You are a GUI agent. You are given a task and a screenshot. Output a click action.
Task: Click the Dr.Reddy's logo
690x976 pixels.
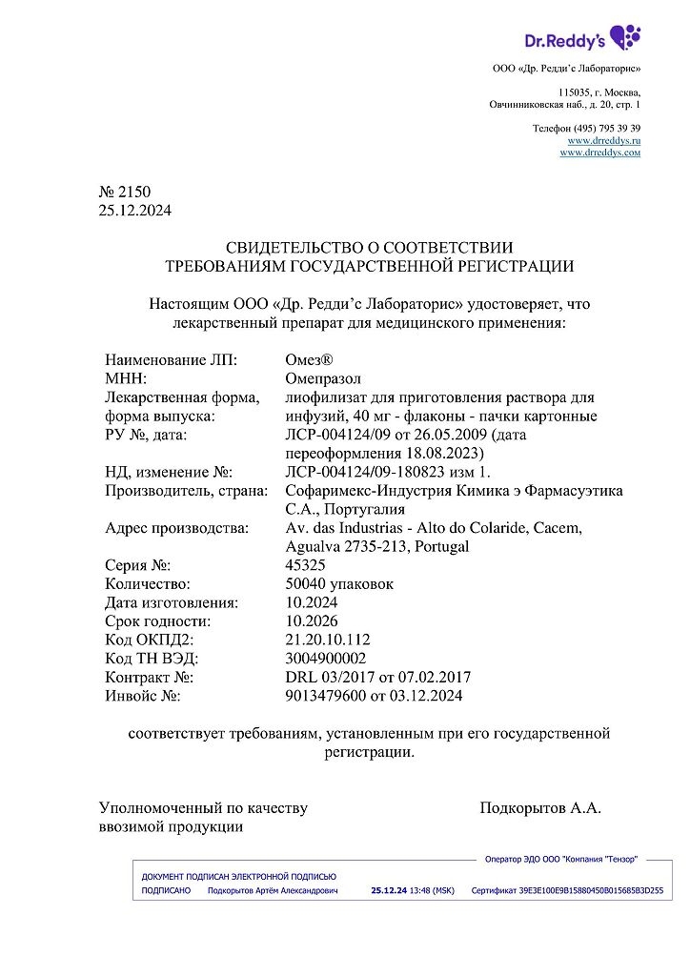coord(582,39)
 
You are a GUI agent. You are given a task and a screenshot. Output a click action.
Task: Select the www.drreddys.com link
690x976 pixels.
coord(599,152)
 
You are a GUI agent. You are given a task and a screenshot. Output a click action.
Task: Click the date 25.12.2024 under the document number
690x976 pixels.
coord(135,211)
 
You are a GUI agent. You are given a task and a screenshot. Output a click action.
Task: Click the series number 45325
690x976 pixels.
coord(305,565)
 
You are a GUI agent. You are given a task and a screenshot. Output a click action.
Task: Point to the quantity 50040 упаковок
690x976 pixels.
coord(339,583)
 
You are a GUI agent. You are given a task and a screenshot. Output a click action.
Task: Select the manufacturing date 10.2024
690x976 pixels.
coord(312,602)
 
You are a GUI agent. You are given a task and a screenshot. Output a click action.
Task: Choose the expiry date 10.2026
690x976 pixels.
coord(312,621)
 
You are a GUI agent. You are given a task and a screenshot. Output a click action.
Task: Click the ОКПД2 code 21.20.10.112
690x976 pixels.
coord(328,640)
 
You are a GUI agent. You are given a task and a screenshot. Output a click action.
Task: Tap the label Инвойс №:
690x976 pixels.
coord(142,696)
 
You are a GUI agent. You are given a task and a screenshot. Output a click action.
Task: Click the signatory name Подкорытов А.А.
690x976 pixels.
coord(540,808)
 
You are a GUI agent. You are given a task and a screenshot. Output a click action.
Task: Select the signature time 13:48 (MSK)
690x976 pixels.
coord(432,890)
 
